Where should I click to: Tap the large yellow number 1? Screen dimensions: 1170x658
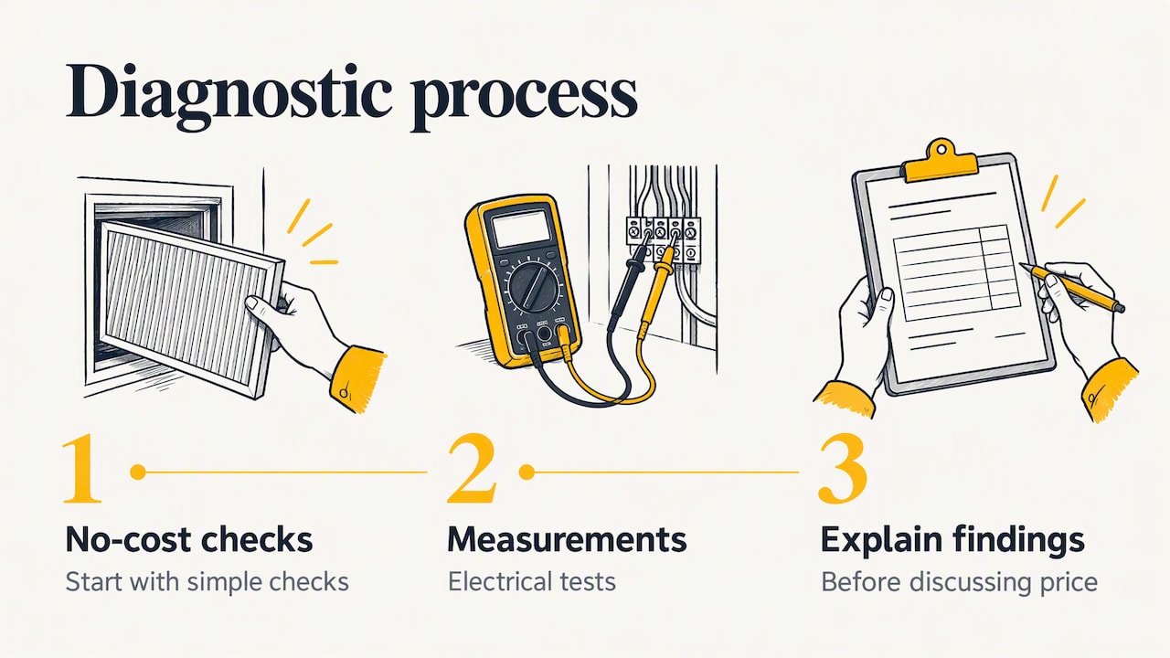coord(82,470)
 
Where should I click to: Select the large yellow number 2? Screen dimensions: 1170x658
coord(471,470)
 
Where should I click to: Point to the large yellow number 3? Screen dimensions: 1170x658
coord(843,470)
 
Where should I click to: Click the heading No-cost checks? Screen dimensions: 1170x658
coord(189,539)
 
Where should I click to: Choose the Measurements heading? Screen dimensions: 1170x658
coord(568,539)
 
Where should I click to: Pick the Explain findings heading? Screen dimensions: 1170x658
coord(952,541)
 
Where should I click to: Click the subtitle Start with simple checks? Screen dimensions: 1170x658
coord(207,582)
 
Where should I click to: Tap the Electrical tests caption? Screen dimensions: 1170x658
coord(532,582)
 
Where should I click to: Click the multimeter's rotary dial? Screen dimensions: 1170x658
coord(533,288)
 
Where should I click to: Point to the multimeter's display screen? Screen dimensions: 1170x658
coord(522,228)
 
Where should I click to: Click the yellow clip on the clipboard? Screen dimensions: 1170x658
coord(941,162)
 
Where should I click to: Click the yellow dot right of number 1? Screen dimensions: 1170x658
coord(138,472)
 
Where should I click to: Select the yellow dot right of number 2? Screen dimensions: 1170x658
coord(526,472)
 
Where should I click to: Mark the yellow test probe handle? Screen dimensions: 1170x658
coord(659,292)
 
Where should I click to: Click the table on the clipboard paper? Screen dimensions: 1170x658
coord(957,272)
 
